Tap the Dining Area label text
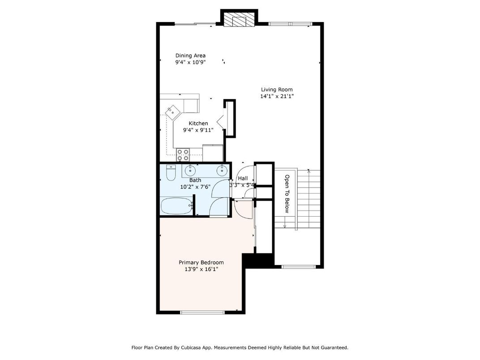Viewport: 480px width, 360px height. [x=190, y=56]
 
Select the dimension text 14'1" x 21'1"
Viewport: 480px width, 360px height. [x=277, y=96]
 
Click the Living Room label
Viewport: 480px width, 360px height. [x=277, y=90]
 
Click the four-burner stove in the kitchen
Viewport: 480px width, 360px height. [x=183, y=155]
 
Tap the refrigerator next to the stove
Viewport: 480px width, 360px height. [x=213, y=153]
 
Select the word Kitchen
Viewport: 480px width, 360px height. [x=198, y=124]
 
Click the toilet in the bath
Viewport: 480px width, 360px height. [x=171, y=172]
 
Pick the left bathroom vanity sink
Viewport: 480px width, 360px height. [x=191, y=170]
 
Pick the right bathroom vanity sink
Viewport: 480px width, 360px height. [x=221, y=170]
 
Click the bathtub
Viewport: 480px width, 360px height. [x=176, y=206]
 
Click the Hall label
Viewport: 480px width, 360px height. [x=243, y=178]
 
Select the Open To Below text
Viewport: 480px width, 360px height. [x=287, y=193]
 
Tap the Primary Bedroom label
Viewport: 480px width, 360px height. [x=201, y=262]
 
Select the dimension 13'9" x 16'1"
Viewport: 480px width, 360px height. [x=201, y=269]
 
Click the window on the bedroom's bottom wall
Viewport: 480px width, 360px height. [x=202, y=312]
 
